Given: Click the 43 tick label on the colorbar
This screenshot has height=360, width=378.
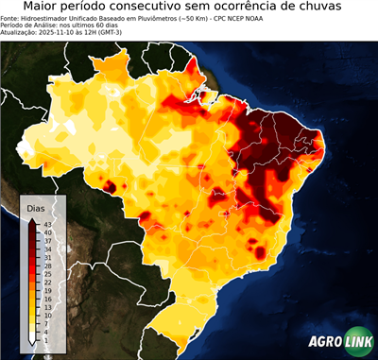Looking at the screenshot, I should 47,223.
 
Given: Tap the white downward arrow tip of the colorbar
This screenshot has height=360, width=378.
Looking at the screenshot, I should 32,340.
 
